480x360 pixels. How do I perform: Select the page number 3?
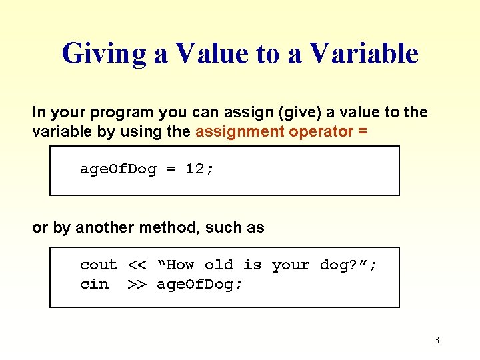point(436,340)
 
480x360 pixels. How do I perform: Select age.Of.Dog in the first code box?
point(118,169)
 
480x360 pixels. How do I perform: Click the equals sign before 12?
point(171,169)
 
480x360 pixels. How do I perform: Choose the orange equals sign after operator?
point(362,131)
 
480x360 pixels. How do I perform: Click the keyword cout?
point(98,265)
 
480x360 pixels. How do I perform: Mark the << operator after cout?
point(137,265)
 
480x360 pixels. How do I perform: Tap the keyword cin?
point(93,284)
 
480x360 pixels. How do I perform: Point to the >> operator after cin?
point(137,284)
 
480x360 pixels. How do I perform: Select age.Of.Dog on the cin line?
point(199,284)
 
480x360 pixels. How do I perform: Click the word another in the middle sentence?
point(105,227)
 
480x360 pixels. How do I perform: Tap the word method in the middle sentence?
point(169,227)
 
